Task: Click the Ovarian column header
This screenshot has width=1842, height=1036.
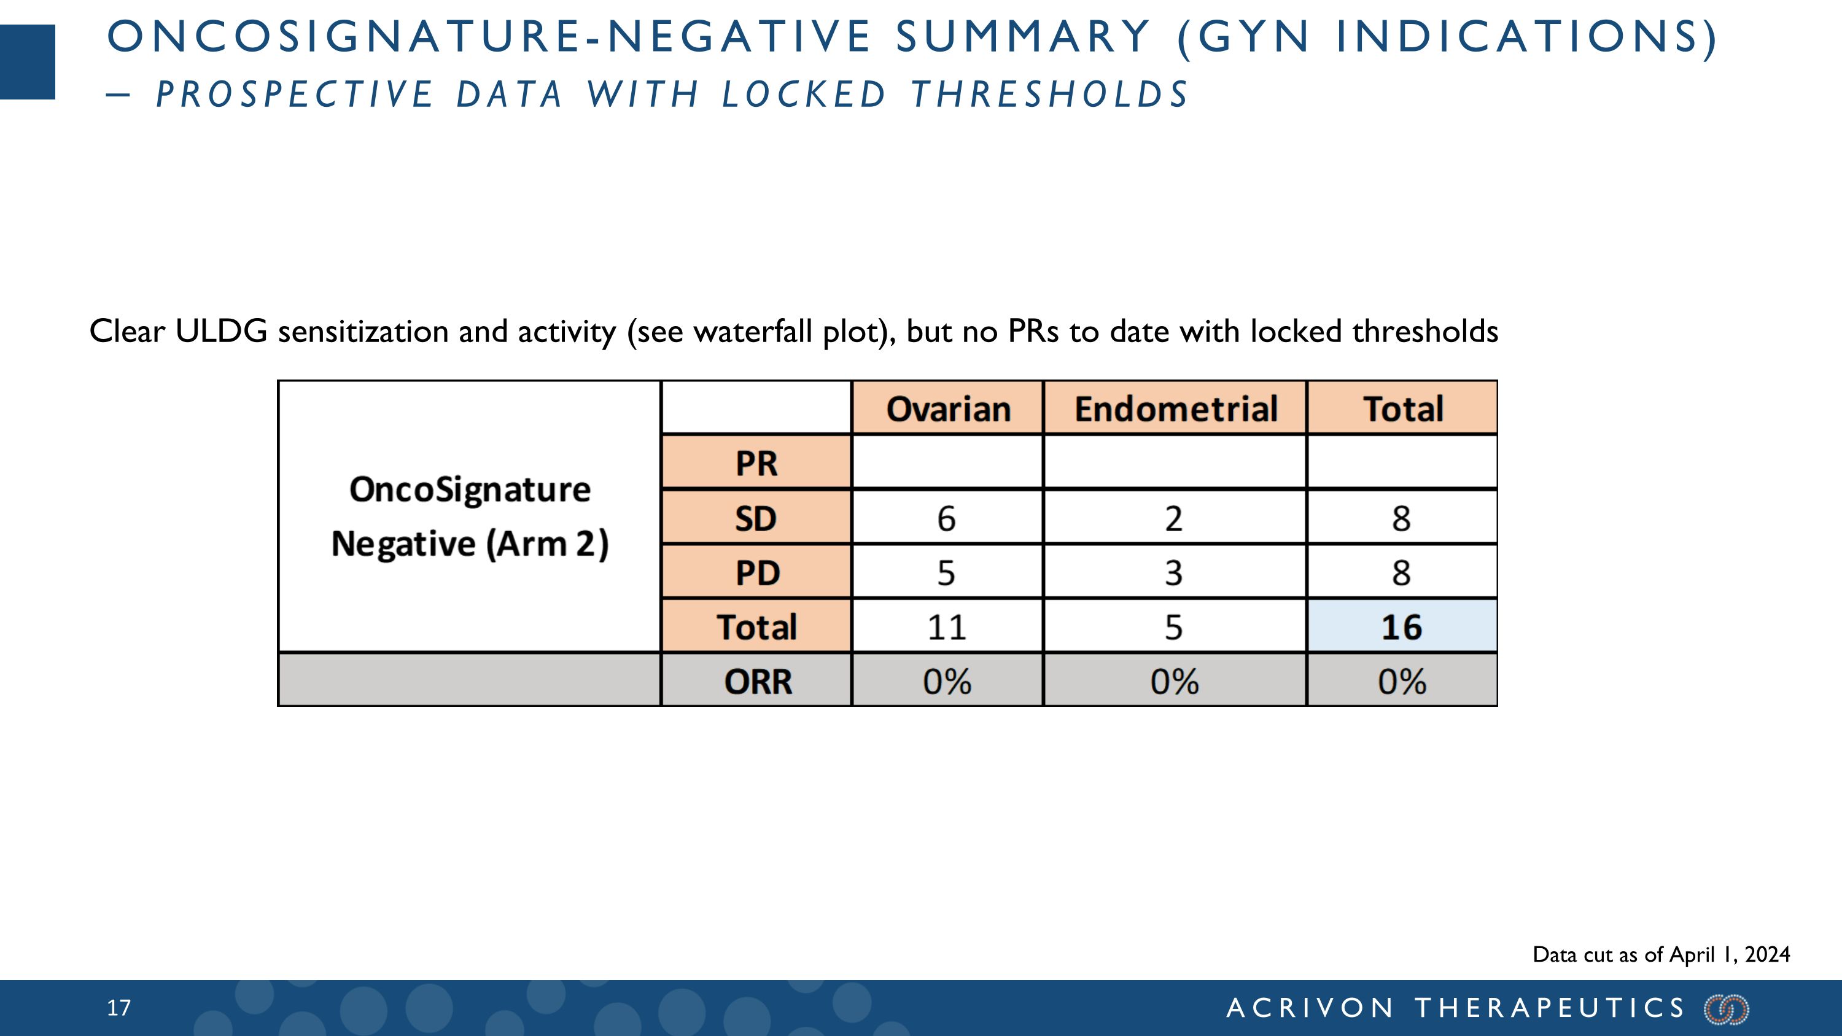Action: click(947, 409)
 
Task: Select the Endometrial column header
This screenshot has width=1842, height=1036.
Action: click(1175, 409)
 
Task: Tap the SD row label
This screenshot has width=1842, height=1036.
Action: click(756, 518)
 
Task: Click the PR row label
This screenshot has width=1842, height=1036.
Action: click(756, 462)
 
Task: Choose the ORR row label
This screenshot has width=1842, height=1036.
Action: click(757, 682)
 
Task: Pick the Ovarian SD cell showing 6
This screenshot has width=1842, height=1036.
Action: click(946, 518)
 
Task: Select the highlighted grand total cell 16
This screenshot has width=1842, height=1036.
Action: click(1401, 627)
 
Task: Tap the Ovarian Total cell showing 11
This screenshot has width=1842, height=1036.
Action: click(946, 627)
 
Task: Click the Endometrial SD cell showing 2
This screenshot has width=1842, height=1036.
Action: click(1173, 518)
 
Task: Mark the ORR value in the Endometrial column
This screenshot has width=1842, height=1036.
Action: click(1173, 682)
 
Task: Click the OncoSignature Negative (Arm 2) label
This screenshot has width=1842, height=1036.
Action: click(470, 516)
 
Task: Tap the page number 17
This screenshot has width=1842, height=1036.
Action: click(119, 1008)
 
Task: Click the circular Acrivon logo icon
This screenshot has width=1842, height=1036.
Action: click(1726, 1009)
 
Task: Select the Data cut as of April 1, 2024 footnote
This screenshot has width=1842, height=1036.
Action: click(1661, 954)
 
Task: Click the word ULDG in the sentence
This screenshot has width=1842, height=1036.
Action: click(221, 332)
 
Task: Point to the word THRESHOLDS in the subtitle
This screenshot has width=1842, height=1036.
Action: click(1050, 95)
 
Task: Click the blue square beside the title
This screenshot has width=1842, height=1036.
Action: click(27, 62)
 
